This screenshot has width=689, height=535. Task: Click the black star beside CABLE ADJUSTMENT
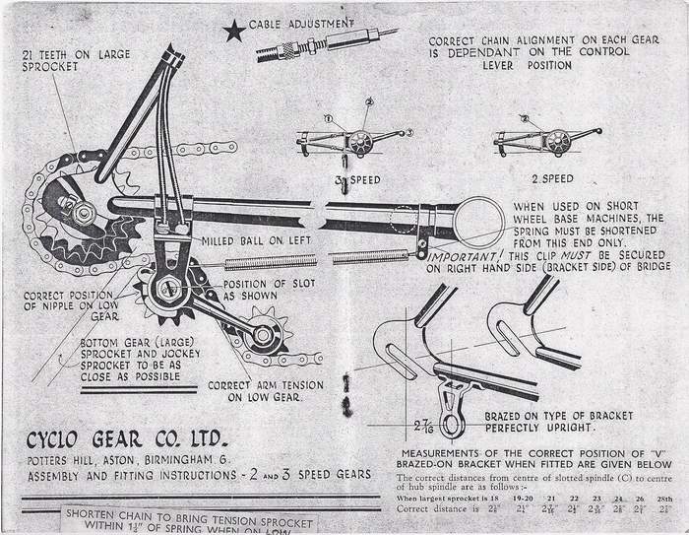coord(233,33)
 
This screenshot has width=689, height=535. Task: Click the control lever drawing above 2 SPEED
coord(546,139)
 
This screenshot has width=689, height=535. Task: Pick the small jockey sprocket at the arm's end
coord(266,336)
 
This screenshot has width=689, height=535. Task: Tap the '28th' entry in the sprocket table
coord(666,501)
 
